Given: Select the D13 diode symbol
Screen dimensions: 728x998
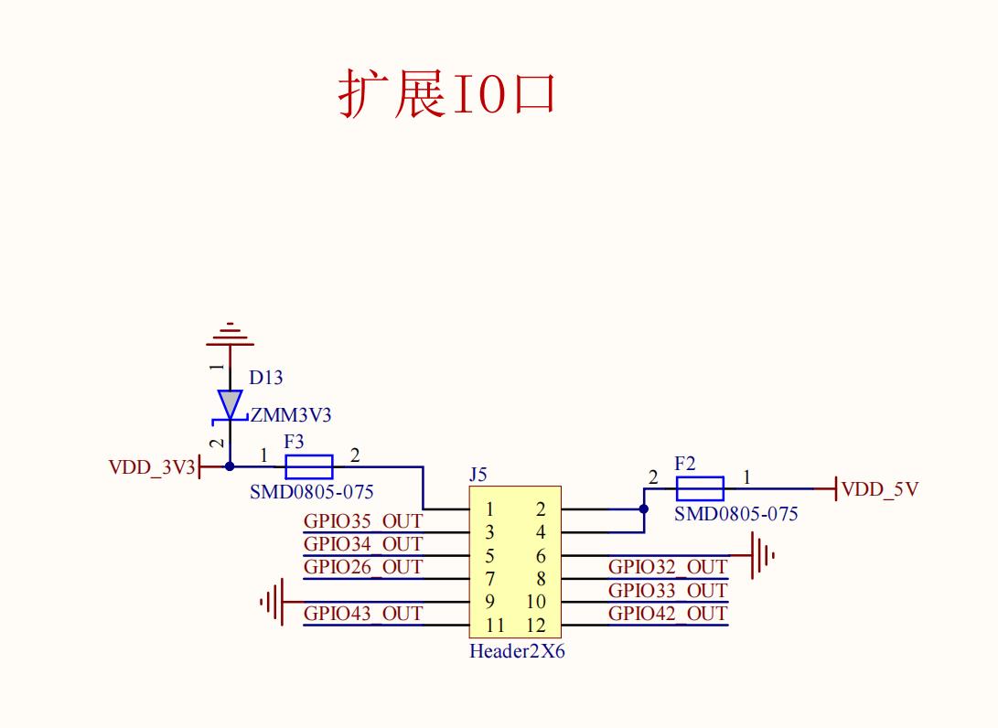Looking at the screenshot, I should pos(229,404).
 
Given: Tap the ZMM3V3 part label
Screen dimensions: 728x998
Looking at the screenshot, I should pos(291,415).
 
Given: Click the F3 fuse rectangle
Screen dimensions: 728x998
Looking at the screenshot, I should pos(309,466).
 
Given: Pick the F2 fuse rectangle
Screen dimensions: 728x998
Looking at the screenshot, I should pos(700,488).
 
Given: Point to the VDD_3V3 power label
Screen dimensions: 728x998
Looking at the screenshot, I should pos(152,467).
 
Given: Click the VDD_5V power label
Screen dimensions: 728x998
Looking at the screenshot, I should pos(879,489).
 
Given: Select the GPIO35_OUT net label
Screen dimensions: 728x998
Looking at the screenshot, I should pos(363,521).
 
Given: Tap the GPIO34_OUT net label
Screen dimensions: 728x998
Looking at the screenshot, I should pos(363,544).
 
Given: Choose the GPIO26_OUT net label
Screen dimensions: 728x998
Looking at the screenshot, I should pos(363,567).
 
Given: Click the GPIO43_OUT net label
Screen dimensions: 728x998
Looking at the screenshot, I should pos(363,613).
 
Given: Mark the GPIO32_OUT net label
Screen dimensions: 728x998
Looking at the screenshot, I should pos(668,567).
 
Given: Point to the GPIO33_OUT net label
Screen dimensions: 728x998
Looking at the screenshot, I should pos(668,590).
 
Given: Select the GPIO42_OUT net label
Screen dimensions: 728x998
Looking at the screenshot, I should pos(668,613).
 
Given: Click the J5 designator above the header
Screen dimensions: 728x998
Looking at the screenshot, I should pos(478,476).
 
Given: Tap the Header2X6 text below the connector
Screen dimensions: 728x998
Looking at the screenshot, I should pos(517,652).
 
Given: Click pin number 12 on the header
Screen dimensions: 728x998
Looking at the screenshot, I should pos(536,626).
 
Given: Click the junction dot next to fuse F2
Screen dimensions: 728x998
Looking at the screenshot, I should pos(644,509).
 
